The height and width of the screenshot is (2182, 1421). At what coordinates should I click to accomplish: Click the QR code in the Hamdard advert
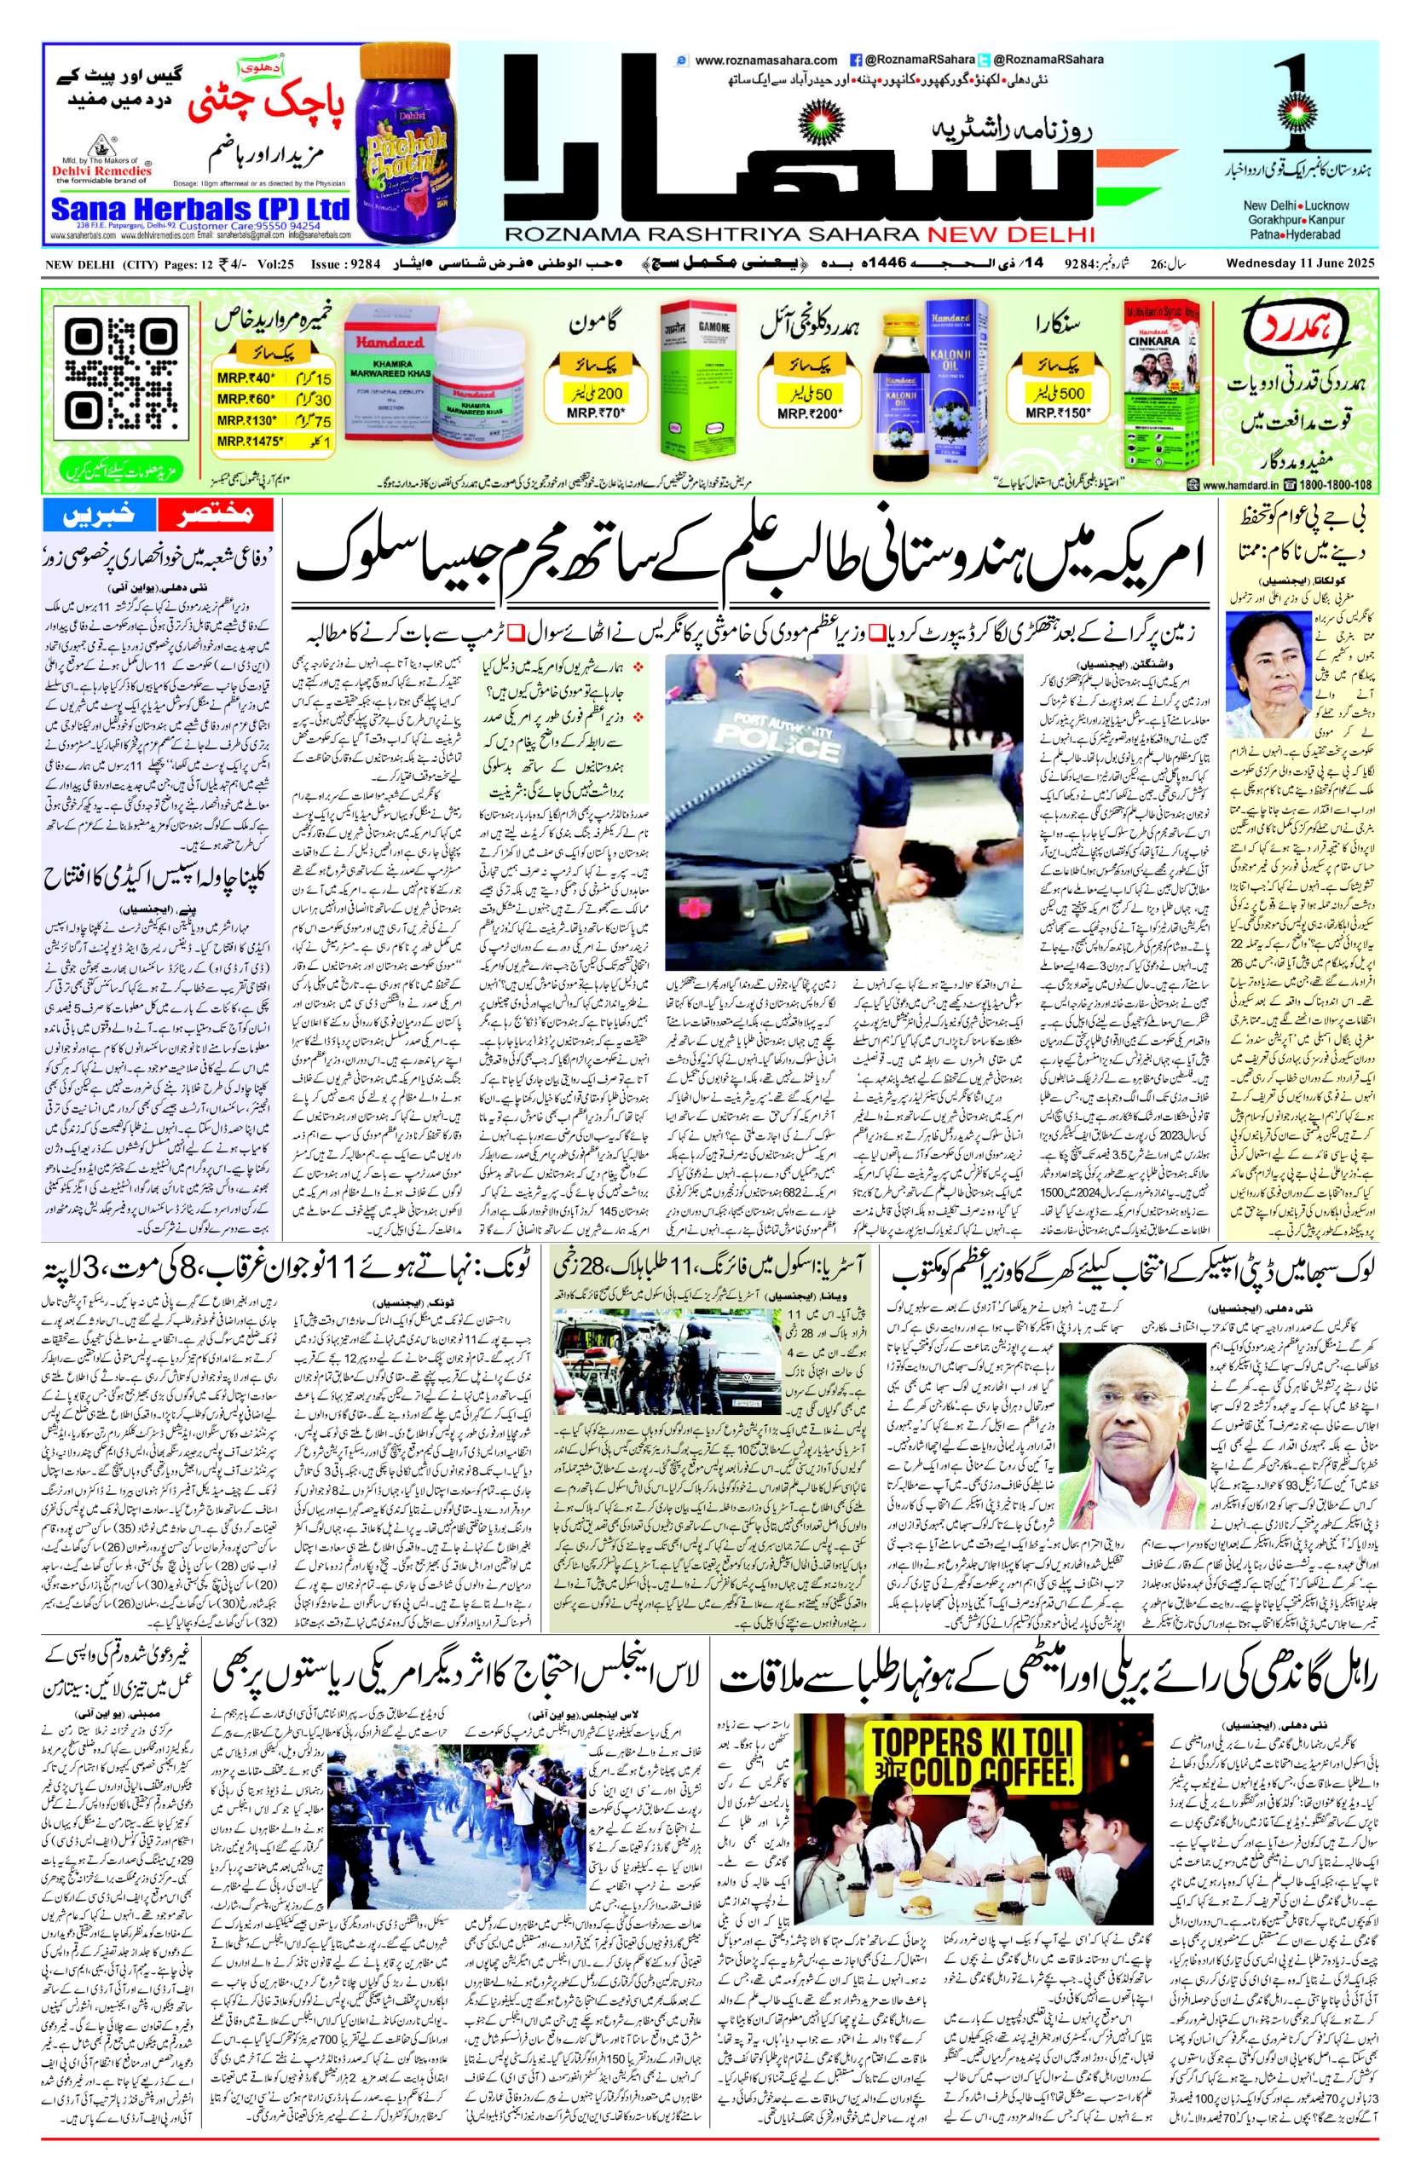tap(120, 374)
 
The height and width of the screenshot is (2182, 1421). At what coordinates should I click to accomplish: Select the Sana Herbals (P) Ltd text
tap(199, 210)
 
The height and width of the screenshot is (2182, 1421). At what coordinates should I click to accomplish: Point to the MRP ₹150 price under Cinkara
tap(1058, 414)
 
